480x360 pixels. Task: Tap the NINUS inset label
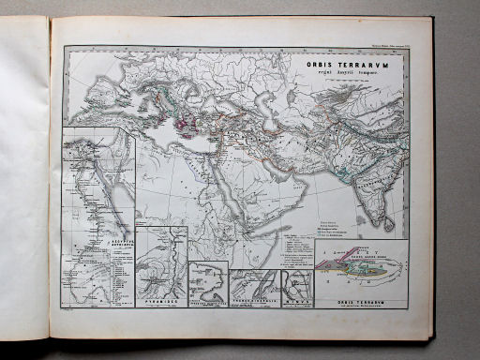coord(297,302)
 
